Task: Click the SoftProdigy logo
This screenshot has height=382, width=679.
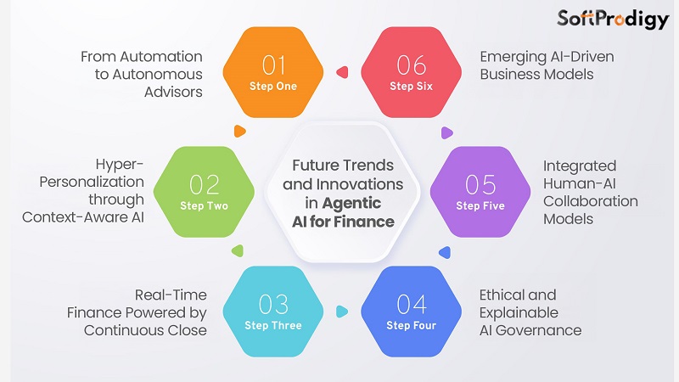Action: point(612,20)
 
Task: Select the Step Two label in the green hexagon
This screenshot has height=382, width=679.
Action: point(204,206)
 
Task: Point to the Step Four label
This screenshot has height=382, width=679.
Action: point(412,326)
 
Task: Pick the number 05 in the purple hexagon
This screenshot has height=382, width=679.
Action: point(480,185)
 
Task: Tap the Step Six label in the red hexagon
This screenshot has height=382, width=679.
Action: point(412,87)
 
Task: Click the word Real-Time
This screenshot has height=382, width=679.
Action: point(171,295)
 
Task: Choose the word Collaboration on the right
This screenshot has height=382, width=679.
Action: point(590,201)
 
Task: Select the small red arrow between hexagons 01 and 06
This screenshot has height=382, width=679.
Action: point(344,74)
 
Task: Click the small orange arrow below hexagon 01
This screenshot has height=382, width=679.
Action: point(240,132)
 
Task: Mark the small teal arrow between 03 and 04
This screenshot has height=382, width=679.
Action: point(343,311)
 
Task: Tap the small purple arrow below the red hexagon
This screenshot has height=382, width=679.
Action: point(447,132)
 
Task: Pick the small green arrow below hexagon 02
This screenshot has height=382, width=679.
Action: point(238,251)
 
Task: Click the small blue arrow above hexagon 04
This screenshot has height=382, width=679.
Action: point(443,251)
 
